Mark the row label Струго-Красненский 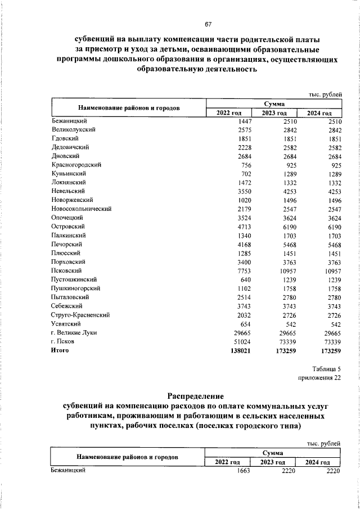tap(79, 315)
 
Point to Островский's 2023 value tap(287, 226)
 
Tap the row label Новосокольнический tap(81, 209)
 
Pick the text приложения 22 tap(319, 378)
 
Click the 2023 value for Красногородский tap(290, 165)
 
